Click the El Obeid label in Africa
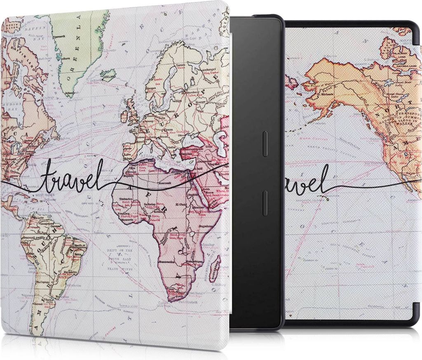coord(181,204)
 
